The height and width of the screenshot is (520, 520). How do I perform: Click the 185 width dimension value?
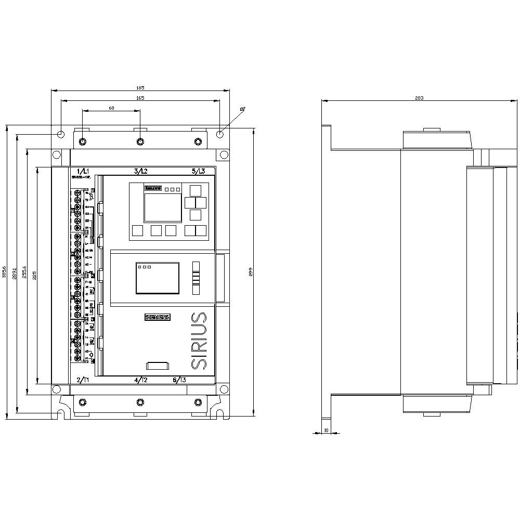point(140,88)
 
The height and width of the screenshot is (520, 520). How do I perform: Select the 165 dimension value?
point(140,98)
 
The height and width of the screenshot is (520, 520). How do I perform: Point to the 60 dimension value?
point(111,108)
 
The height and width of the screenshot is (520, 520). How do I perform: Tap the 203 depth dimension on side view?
point(420,98)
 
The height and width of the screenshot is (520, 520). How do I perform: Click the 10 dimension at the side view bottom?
point(326,430)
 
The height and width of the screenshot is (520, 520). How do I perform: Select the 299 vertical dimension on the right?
point(250,271)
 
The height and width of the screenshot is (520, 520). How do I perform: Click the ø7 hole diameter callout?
point(242,109)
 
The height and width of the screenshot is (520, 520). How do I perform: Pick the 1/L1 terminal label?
point(83,171)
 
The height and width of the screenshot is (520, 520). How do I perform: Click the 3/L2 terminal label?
point(140,171)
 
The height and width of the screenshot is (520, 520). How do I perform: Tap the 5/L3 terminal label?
point(198,171)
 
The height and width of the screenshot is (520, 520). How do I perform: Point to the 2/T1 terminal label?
point(83,380)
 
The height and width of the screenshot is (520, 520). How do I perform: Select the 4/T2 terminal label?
point(140,380)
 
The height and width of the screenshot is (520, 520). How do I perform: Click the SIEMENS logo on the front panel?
point(157,317)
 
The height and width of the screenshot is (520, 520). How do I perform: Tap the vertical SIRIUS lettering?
point(199,341)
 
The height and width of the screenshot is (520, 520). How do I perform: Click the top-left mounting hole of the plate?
point(61,134)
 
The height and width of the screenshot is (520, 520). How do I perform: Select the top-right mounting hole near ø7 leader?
point(220,134)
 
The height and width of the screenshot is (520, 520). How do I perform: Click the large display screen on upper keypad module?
point(159,208)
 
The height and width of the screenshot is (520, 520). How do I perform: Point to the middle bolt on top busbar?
point(140,142)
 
